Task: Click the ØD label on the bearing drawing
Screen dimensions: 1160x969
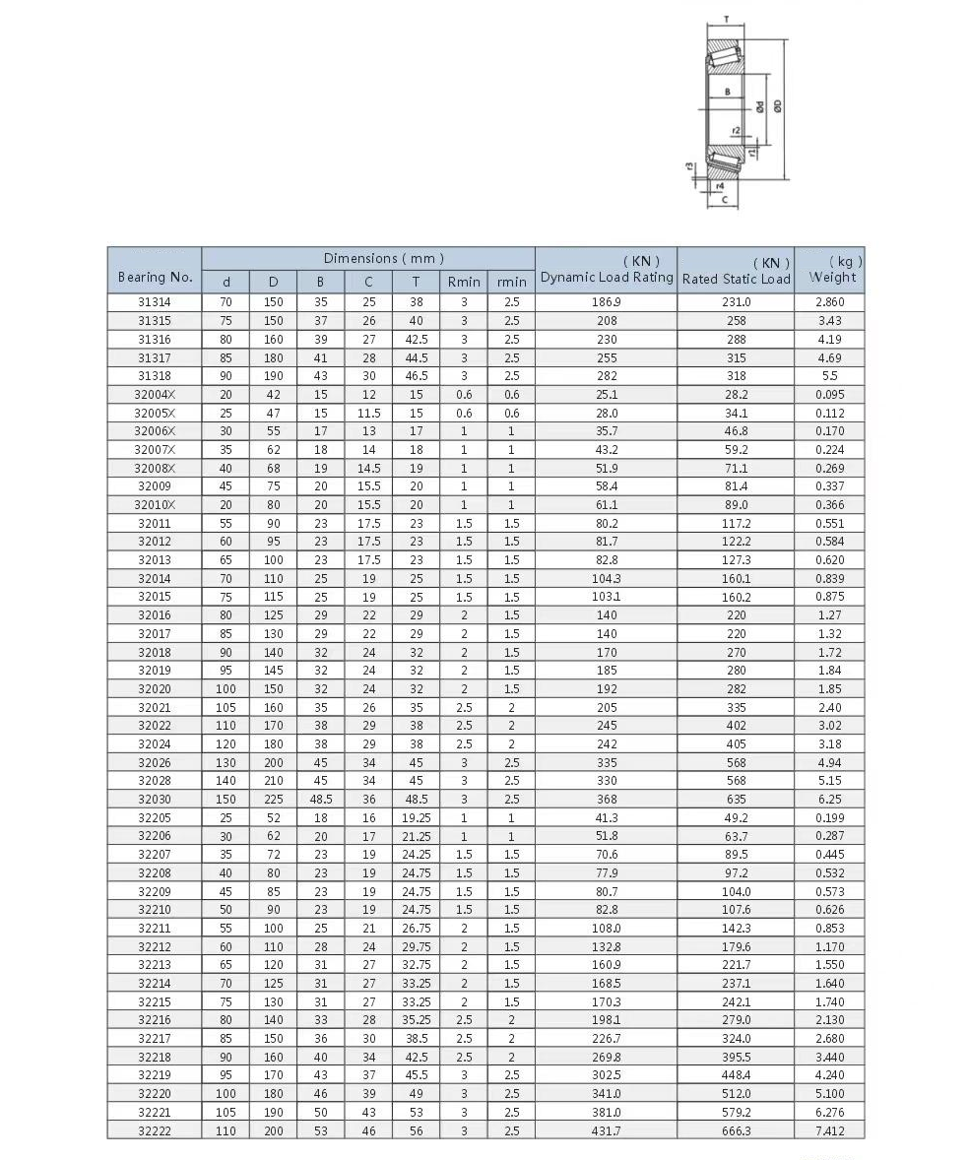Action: (777, 105)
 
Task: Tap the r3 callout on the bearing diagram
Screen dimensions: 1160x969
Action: (690, 166)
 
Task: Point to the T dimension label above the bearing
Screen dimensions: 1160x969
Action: (726, 20)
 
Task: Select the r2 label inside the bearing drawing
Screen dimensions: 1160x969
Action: (736, 131)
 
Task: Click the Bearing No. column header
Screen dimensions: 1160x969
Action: (155, 277)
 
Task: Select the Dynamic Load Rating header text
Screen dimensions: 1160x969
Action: (607, 277)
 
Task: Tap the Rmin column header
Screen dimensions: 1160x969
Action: (464, 282)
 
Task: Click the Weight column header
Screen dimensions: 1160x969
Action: (832, 277)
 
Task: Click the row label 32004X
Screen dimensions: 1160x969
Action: (155, 395)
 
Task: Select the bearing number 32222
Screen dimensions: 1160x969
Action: (155, 1131)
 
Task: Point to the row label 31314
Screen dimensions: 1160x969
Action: (155, 302)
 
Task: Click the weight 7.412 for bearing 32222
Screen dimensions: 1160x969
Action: (829, 1131)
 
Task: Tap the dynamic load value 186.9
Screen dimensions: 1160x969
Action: (607, 302)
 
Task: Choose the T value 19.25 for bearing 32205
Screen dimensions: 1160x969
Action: (416, 817)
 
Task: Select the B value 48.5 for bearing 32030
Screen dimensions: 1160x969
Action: (320, 800)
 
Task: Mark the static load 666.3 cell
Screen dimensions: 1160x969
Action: (736, 1131)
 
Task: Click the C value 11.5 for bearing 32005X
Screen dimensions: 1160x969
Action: (368, 414)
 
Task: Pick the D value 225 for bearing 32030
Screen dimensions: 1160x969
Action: (273, 800)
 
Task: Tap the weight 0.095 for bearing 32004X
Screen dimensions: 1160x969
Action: (829, 395)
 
